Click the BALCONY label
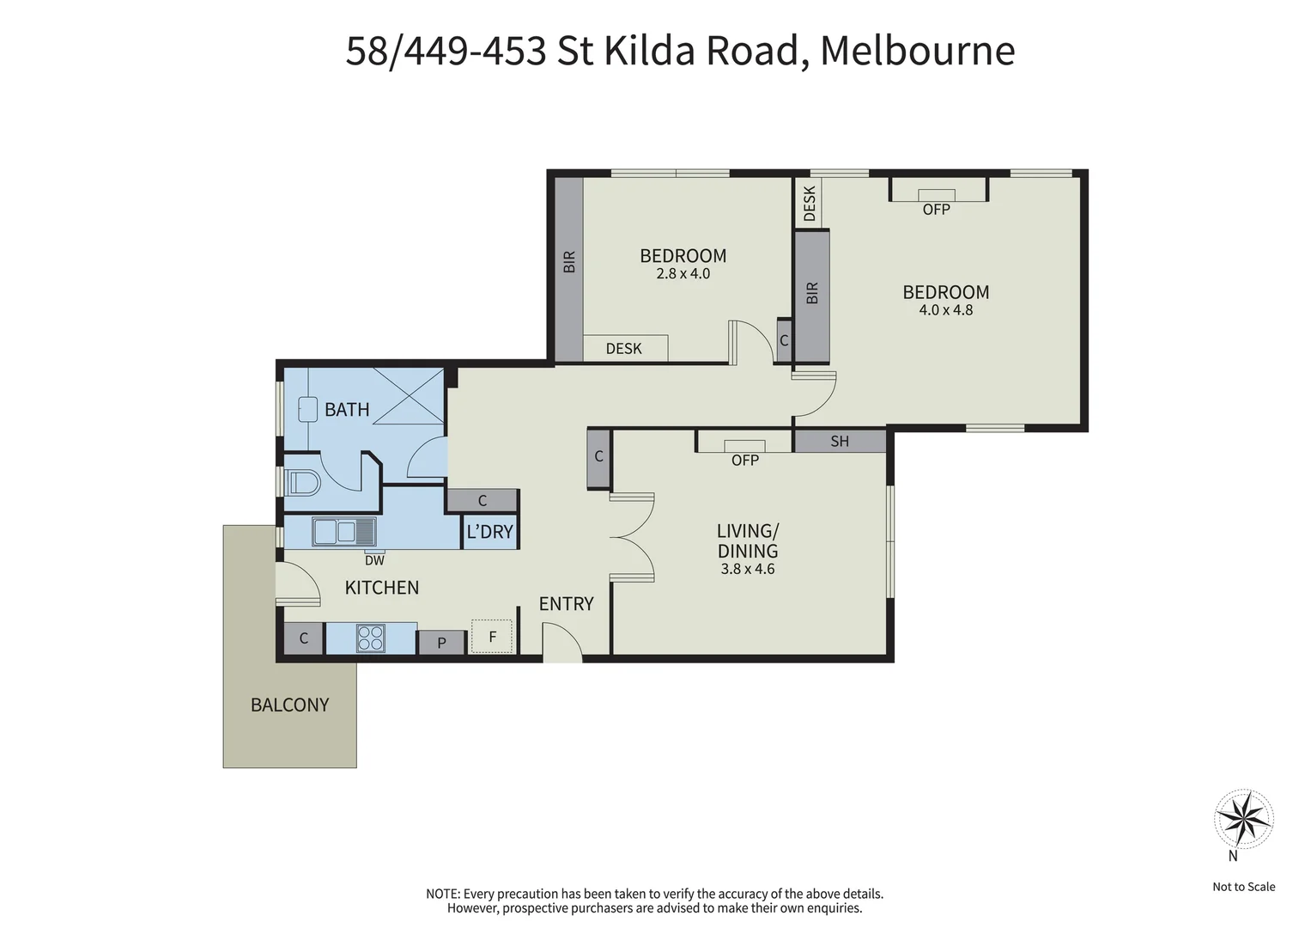[x=289, y=705]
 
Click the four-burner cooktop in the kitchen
[x=371, y=638]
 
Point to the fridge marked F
[x=492, y=637]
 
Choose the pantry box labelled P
[x=441, y=642]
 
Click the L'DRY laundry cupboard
[x=489, y=532]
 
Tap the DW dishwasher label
[x=374, y=561]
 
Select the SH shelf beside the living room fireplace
[x=839, y=441]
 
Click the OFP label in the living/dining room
[x=744, y=461]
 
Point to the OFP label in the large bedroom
[x=936, y=209]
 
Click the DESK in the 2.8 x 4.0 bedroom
[x=624, y=348]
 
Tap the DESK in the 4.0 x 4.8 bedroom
[x=810, y=203]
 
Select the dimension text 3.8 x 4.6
[x=747, y=569]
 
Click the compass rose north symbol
[x=1242, y=819]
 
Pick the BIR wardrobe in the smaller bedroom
[x=568, y=262]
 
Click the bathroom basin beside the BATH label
[x=306, y=408]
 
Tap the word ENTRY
[x=566, y=604]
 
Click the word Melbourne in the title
[x=917, y=50]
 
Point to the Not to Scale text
[x=1243, y=887]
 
